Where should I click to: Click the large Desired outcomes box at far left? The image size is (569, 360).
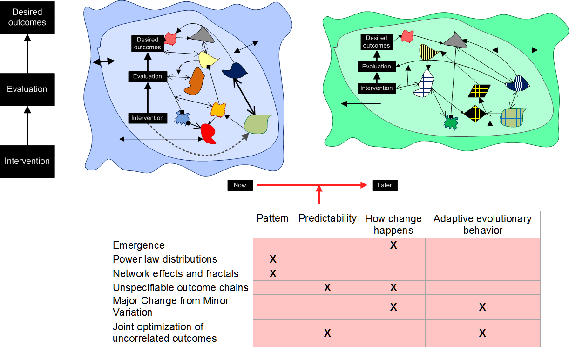[x=27, y=17]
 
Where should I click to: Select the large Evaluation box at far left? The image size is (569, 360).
[x=27, y=89]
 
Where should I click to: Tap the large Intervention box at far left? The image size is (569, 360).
[x=27, y=161]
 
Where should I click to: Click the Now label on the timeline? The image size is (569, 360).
[x=240, y=185]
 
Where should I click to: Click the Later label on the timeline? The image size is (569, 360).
[x=385, y=185]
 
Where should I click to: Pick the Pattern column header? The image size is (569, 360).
[x=272, y=218]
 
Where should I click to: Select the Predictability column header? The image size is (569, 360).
[x=327, y=218]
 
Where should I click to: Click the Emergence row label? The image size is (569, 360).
[x=139, y=245]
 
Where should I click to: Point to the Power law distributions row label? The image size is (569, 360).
[x=165, y=259]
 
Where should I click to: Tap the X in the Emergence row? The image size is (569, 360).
[x=393, y=245]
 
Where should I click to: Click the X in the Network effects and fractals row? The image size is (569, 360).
[x=273, y=274]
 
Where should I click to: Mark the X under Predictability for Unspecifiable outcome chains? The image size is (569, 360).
[x=327, y=288]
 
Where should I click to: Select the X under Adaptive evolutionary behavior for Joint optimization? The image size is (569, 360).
[x=482, y=333]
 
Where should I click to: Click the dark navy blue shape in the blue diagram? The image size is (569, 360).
[x=235, y=70]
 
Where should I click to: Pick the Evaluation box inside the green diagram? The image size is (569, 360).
[x=376, y=67]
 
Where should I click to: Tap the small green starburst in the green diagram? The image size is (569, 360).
[x=450, y=122]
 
